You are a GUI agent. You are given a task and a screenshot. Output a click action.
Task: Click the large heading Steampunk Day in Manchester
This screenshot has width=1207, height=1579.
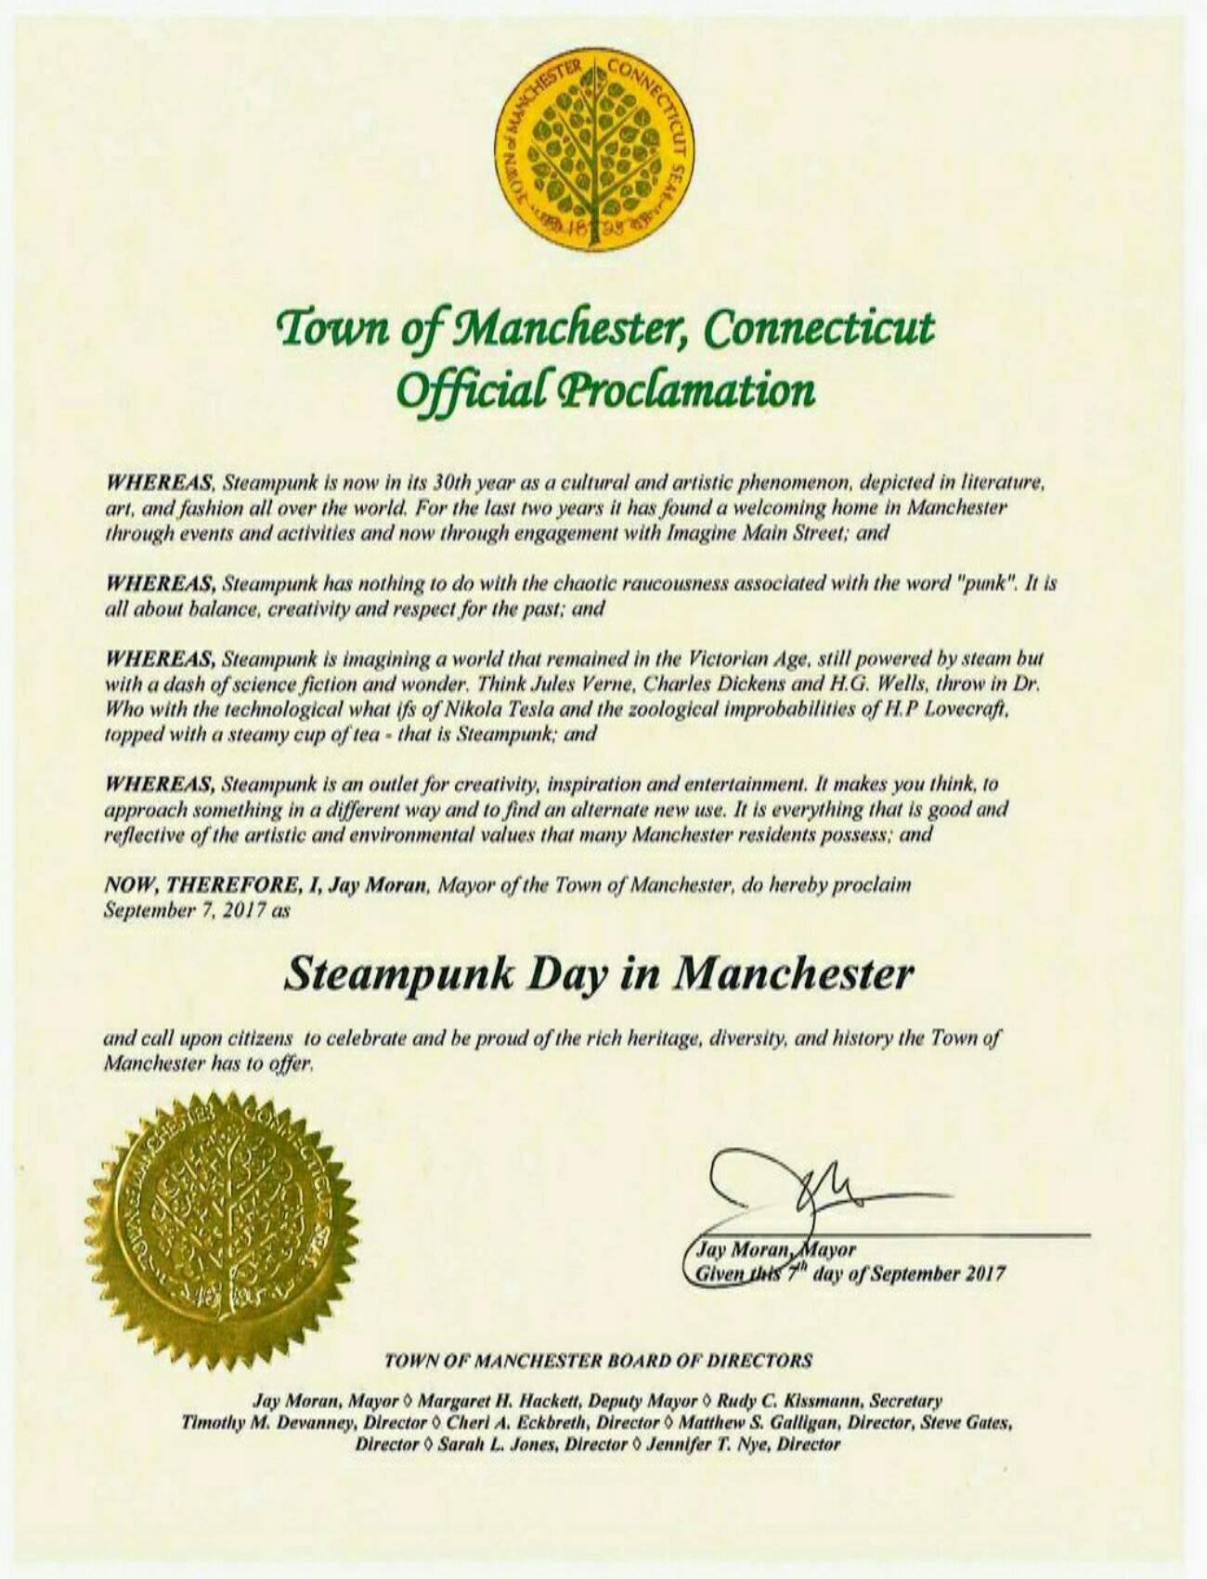coord(598,974)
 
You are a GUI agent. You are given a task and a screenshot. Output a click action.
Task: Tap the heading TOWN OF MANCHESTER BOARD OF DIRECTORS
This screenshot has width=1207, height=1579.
coord(598,1362)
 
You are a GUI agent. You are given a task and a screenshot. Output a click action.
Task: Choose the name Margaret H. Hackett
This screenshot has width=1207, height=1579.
coord(477,1401)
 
